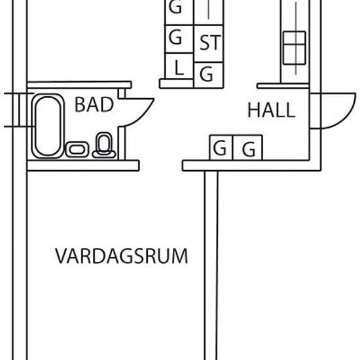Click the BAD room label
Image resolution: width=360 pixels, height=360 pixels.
coord(94,105)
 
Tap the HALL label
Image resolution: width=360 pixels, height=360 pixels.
coord(272,110)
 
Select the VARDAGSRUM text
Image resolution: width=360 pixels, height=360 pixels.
coord(122,256)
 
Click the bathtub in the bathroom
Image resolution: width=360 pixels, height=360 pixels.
coord(48,126)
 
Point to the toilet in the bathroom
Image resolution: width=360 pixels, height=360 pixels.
coord(104,145)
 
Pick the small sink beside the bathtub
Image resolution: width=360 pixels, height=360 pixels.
coord(77,149)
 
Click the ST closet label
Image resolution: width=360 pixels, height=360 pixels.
coord(210,43)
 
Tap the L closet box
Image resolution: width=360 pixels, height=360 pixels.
coord(179,66)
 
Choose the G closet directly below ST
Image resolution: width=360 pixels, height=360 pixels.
coord(208,75)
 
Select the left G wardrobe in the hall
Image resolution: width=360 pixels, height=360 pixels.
coord(221,148)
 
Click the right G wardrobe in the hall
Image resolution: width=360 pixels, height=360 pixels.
coord(247,148)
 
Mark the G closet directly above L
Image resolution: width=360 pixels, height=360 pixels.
coord(179,39)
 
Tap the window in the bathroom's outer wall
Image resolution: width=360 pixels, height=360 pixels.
coord(19,110)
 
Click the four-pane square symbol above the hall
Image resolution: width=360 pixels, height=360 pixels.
coord(295,48)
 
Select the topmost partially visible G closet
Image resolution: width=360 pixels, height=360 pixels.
coord(179,12)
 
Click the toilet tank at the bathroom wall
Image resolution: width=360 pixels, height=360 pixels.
coord(104,154)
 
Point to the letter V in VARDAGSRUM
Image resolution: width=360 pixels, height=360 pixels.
coord(61,256)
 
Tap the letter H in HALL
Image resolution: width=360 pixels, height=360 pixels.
coord(253,110)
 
